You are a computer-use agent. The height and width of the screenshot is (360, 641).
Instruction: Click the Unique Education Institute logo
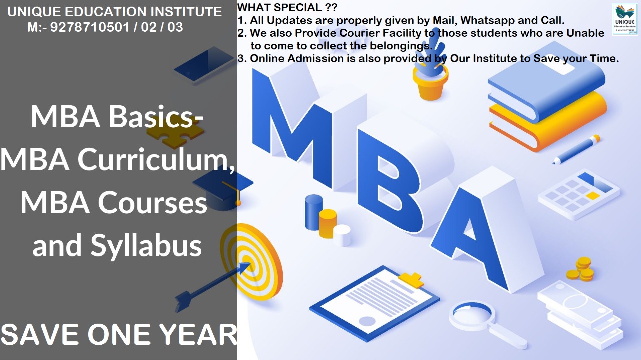(x=625, y=19)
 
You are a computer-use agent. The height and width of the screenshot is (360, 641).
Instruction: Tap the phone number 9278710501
(x=90, y=27)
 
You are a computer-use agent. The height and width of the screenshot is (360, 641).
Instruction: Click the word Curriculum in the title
(x=156, y=159)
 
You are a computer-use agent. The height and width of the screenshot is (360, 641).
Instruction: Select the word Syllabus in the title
(x=146, y=245)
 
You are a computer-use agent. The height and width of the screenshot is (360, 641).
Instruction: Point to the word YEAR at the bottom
(x=198, y=334)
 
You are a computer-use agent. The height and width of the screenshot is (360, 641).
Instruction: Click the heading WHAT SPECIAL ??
(x=287, y=7)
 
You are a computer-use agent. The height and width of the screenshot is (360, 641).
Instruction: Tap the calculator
(x=579, y=195)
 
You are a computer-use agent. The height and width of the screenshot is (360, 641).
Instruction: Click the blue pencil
(x=576, y=149)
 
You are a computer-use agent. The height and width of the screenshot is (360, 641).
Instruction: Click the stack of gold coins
(x=581, y=269)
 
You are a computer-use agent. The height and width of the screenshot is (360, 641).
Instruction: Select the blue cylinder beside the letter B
(x=313, y=212)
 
